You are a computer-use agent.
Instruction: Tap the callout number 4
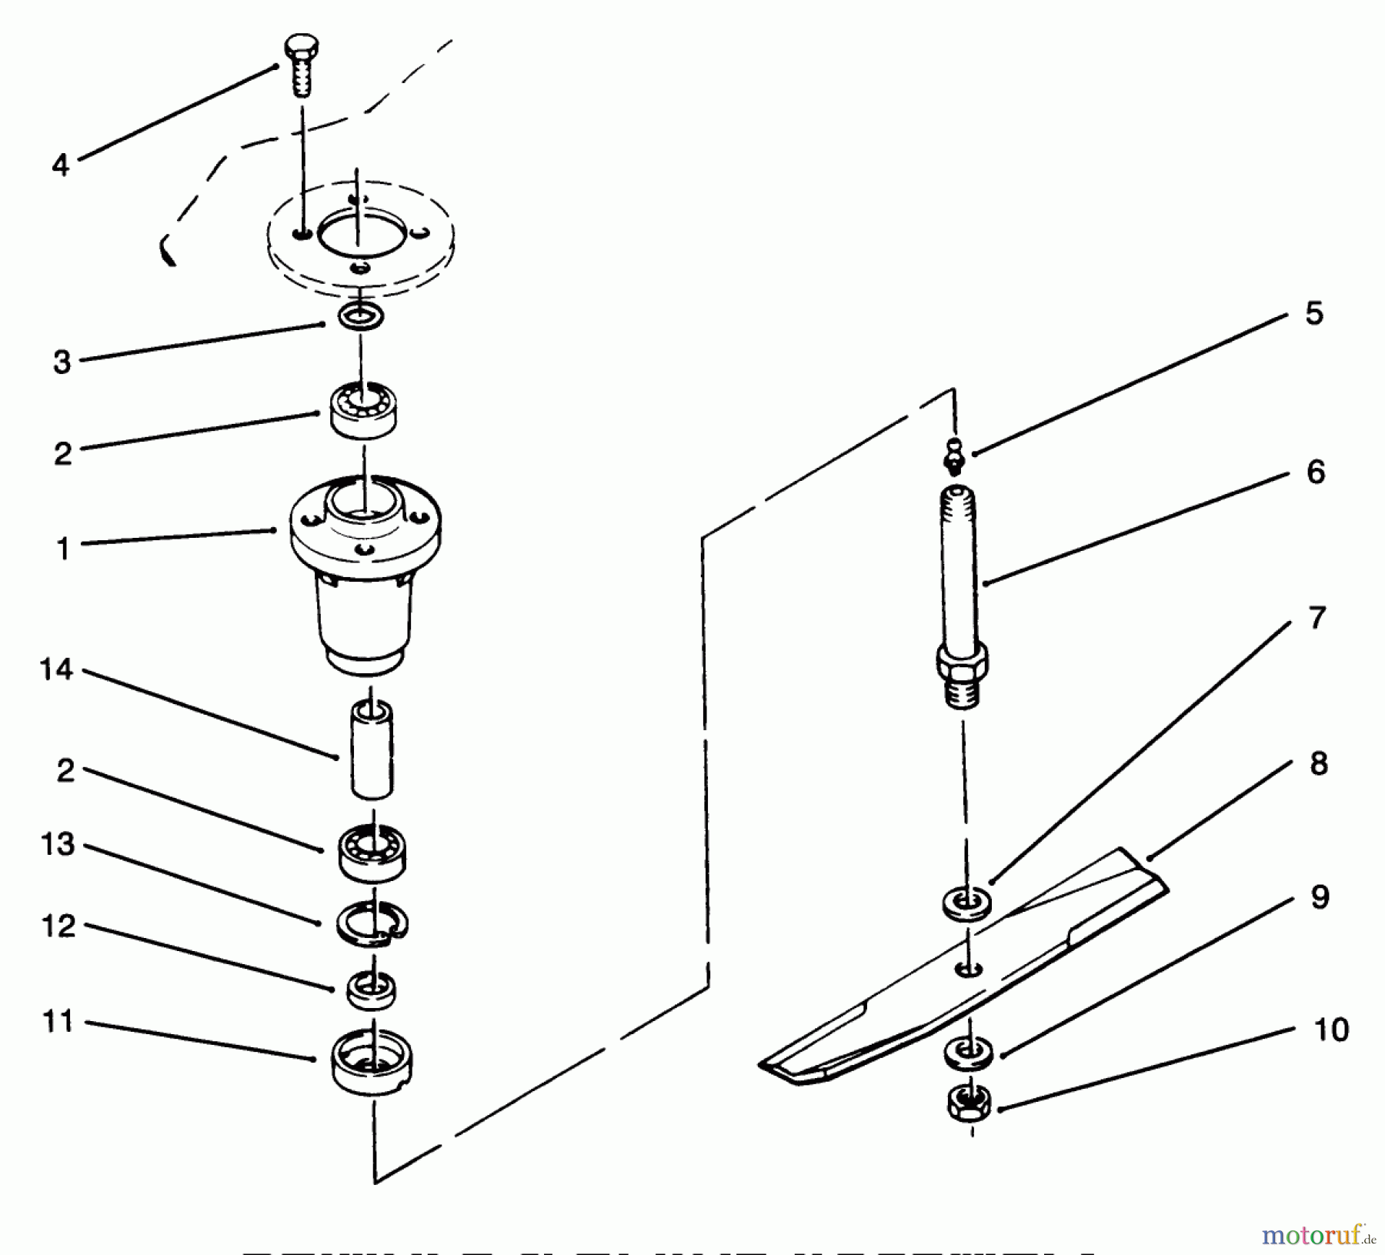point(61,165)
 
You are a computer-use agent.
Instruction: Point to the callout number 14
point(56,670)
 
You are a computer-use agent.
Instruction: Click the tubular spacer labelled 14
point(372,749)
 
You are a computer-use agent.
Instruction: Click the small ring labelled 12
point(372,990)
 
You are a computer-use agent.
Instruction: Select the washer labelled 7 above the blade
point(967,901)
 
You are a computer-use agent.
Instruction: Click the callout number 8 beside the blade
point(1318,763)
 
